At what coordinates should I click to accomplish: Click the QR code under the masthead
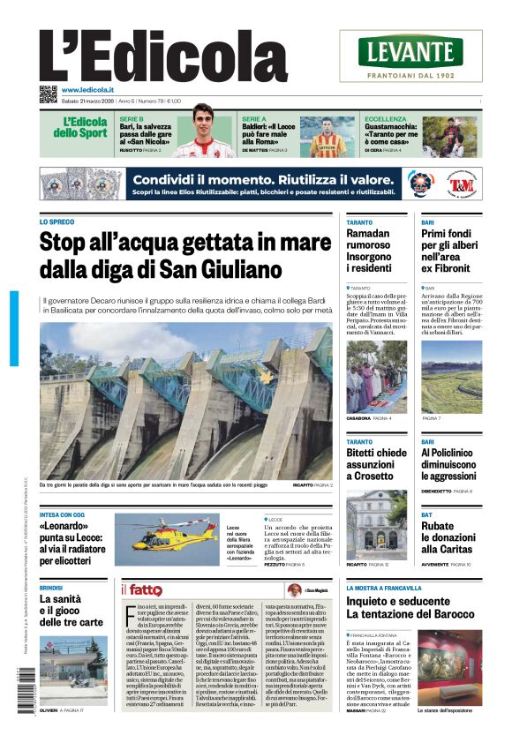tap(48, 93)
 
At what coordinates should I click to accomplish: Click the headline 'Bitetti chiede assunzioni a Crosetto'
tap(376, 464)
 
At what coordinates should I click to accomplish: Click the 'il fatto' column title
tap(146, 589)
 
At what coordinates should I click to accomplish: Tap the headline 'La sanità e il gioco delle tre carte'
tap(71, 610)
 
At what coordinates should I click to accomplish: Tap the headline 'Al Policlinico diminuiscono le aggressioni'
tap(450, 464)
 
